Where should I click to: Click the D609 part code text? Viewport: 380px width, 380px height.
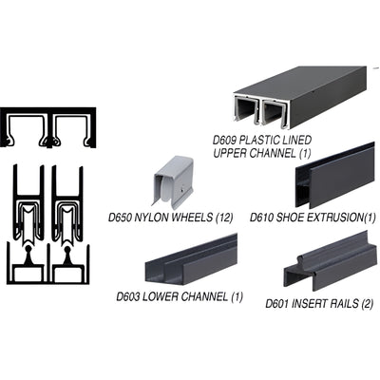[x=225, y=141]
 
